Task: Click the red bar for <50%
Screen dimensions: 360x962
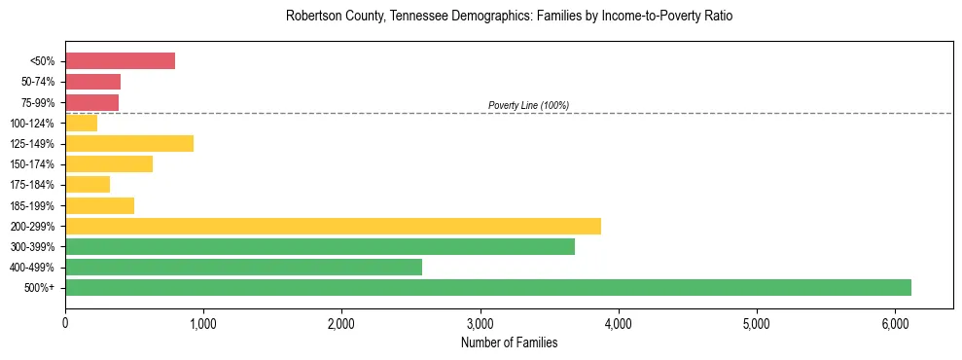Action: coord(120,61)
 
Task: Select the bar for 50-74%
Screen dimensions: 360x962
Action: coord(92,82)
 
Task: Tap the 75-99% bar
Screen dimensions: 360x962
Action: coord(91,102)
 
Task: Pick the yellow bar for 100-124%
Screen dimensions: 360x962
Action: coord(81,123)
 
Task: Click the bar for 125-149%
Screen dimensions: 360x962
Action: coord(129,144)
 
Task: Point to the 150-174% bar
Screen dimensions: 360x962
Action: coord(109,164)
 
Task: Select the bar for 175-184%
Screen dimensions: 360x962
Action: coord(88,185)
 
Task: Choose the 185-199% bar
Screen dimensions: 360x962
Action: coord(99,205)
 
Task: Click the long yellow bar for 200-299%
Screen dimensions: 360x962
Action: coord(333,226)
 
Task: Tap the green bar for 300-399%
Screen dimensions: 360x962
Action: coord(320,246)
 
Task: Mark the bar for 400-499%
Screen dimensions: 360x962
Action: coord(243,267)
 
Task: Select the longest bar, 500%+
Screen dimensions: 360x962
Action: coord(488,287)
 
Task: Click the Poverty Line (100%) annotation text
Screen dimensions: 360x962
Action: coord(528,105)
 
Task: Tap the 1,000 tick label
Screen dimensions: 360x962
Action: coord(203,323)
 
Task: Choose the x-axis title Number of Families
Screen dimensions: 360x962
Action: coord(509,342)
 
